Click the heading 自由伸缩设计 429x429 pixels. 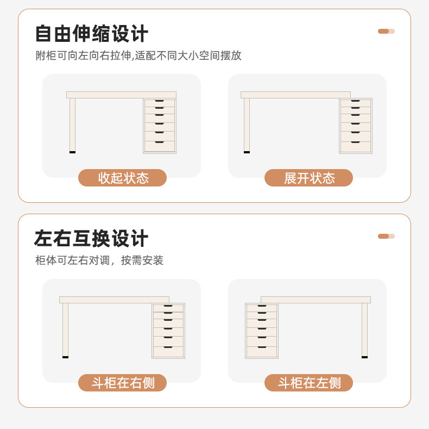91,34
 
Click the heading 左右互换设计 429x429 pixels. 91,239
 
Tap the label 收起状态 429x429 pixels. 123,178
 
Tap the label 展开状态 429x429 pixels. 308,178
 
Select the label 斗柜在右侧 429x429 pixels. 123,383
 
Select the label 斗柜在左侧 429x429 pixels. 308,383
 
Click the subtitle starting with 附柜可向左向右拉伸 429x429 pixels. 138,55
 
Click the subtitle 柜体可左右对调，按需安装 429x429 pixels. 99,260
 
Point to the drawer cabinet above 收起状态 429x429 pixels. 160,126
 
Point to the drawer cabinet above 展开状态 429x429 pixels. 356,126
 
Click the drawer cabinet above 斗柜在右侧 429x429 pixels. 168,331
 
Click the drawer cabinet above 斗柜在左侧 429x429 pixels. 262,331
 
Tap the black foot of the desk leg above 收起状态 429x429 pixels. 72,152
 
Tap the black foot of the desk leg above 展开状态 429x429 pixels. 247,152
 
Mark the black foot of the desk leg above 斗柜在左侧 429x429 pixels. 364,357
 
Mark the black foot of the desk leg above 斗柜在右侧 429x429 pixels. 65,357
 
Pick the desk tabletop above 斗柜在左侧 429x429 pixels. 316,300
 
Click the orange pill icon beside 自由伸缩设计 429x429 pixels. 386,31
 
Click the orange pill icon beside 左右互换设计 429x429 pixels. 386,236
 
